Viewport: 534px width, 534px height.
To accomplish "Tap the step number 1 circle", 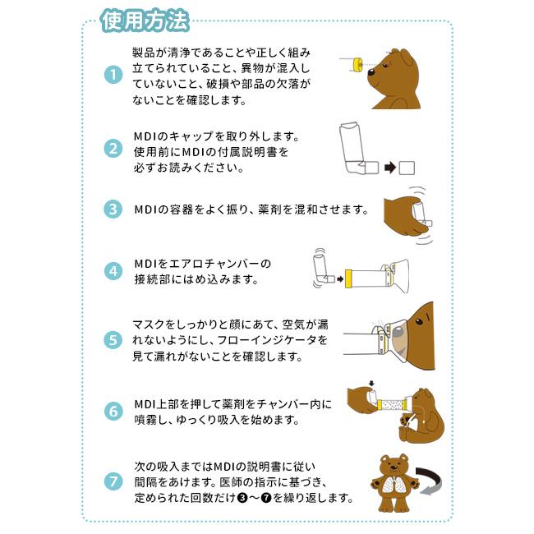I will tap(113, 75).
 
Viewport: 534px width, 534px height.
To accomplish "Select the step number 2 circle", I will tap(113, 150).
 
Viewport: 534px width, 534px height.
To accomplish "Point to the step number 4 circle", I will tap(113, 270).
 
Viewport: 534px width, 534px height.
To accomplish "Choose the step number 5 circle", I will tap(113, 339).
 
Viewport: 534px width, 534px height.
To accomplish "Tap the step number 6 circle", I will tap(113, 410).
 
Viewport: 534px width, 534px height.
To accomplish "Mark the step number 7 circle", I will tap(113, 480).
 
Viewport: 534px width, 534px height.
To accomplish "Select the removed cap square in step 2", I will tap(407, 168).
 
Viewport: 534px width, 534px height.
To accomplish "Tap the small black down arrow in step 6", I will tap(373, 382).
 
